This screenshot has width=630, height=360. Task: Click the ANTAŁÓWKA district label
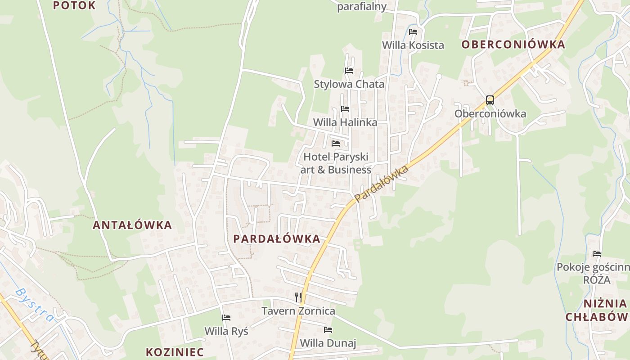tap(132, 225)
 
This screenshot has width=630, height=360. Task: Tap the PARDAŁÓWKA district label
tap(277, 238)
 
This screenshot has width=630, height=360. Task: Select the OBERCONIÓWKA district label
tap(513, 45)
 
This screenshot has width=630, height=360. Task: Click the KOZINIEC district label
tap(175, 352)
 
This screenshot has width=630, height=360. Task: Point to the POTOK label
tap(74, 5)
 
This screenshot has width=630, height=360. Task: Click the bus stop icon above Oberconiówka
tap(490, 100)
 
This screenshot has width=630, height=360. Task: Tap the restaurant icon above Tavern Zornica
tap(298, 297)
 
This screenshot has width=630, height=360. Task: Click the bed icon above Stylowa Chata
tap(349, 70)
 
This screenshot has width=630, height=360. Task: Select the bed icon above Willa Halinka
tap(345, 108)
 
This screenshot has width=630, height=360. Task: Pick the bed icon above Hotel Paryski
tap(336, 143)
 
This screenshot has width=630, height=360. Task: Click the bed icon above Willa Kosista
tap(413, 31)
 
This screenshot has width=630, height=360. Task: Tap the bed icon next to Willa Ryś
tap(226, 318)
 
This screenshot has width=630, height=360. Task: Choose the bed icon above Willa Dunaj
tap(328, 329)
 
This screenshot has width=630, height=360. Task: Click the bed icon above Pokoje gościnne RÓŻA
tap(597, 253)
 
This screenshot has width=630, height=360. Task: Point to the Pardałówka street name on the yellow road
tap(381, 183)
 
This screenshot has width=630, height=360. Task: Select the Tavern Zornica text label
tap(298, 311)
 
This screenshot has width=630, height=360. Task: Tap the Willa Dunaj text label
tap(328, 343)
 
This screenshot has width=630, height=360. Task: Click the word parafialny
tap(362, 6)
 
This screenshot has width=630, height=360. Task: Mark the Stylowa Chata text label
tap(349, 84)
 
